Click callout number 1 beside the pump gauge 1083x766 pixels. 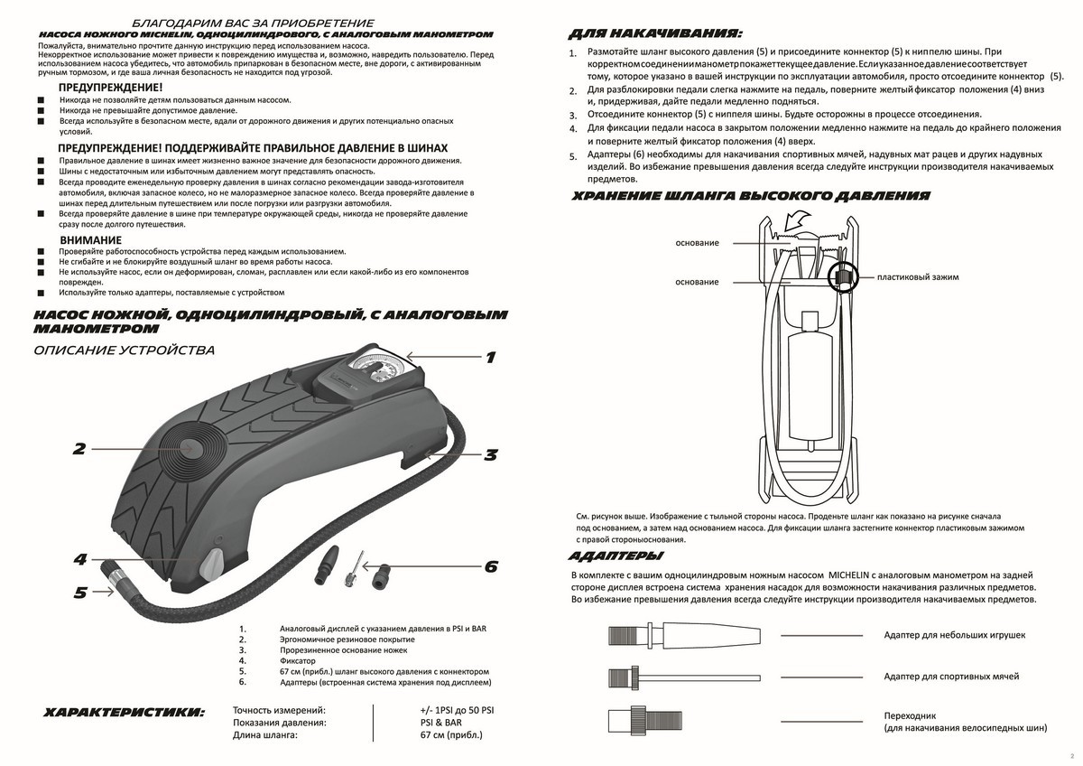490,358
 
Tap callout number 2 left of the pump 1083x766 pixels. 79,448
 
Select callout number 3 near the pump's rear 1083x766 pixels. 490,455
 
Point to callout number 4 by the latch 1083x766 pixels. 80,560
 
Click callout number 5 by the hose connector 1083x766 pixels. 80,593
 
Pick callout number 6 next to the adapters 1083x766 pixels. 491,567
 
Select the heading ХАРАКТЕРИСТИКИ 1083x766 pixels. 125,713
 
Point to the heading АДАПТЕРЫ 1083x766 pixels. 616,555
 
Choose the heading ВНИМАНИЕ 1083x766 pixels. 90,239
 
